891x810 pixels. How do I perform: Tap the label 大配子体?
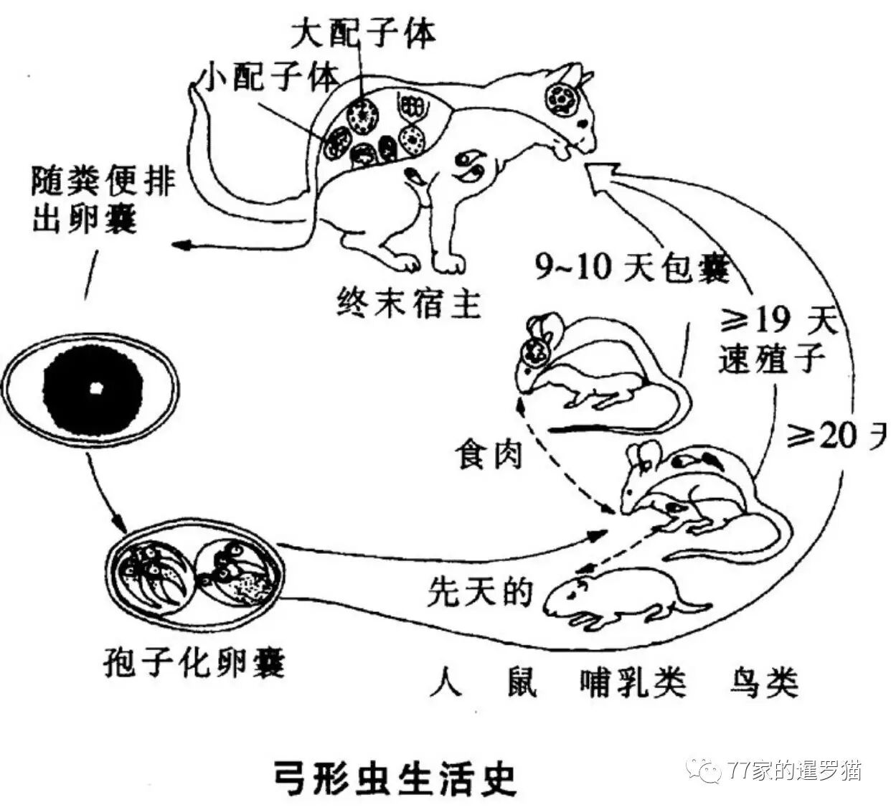(x=365, y=32)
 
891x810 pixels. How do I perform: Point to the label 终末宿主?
(x=409, y=306)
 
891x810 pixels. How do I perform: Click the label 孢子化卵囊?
(x=194, y=664)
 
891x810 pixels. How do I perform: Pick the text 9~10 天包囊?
(x=633, y=269)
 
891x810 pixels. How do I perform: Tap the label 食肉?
(x=489, y=454)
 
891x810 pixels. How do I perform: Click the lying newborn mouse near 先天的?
(x=610, y=599)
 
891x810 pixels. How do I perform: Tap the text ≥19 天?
(x=778, y=322)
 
